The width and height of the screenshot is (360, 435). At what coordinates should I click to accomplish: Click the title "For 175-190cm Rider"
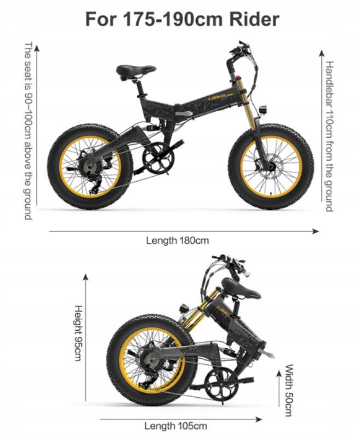tap(182, 20)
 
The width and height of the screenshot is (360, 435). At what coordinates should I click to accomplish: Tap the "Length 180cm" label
tap(177, 240)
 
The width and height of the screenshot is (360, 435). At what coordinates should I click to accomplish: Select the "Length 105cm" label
tap(175, 426)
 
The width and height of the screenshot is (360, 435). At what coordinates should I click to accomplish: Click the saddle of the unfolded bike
tap(135, 70)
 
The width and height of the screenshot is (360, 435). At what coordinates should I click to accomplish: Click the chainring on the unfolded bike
tap(158, 158)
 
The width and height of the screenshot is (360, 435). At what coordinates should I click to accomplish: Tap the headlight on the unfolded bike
tap(264, 109)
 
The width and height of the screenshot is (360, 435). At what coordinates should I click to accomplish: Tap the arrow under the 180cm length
tap(184, 231)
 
